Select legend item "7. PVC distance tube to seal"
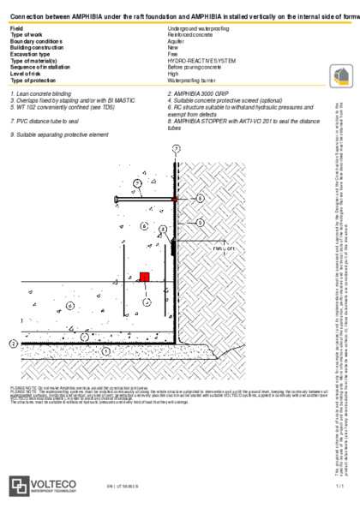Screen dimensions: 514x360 coord(44,122)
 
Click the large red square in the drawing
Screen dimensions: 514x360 coord(145,254)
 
